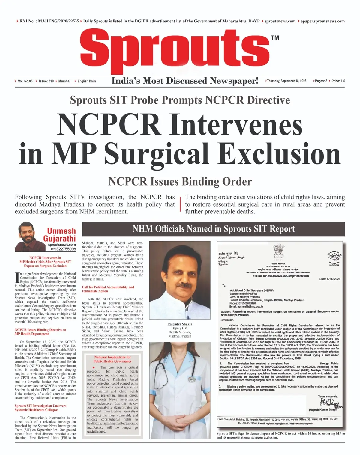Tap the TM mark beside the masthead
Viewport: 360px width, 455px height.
point(275,38)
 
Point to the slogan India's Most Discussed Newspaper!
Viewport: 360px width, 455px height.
point(185,81)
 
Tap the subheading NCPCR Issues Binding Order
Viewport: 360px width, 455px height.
point(180,182)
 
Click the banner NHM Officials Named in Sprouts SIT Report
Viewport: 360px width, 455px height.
point(214,229)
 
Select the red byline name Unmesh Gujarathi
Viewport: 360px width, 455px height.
point(59,235)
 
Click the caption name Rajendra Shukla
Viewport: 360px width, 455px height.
point(180,324)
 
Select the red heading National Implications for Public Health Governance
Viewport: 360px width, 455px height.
point(112,359)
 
